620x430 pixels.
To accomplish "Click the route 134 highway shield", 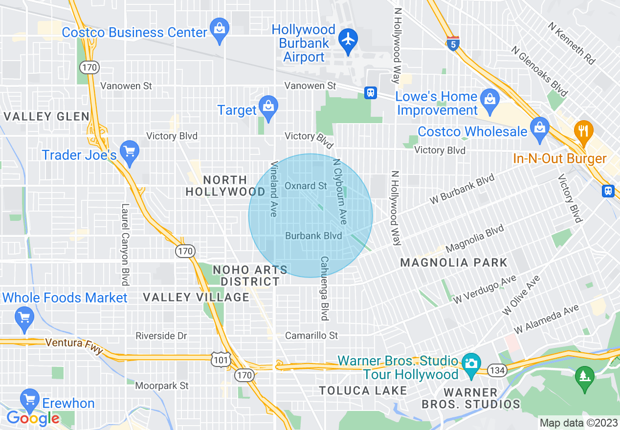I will click(497, 370).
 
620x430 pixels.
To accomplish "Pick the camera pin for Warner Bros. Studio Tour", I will click(471, 364).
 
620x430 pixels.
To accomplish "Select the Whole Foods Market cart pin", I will click(24, 316).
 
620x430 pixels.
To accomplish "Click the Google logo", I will click(33, 418).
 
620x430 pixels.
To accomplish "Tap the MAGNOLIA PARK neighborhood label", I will click(454, 262).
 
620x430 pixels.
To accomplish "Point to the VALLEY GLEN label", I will click(47, 116).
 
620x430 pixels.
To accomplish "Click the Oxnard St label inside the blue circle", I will click(306, 186).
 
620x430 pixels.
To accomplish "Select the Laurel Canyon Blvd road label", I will click(125, 244).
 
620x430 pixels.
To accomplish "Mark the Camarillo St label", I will click(312, 335).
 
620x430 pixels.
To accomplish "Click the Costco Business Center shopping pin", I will click(220, 28).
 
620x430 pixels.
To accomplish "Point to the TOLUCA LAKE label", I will click(363, 390).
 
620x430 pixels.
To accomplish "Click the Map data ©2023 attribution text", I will click(578, 423).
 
